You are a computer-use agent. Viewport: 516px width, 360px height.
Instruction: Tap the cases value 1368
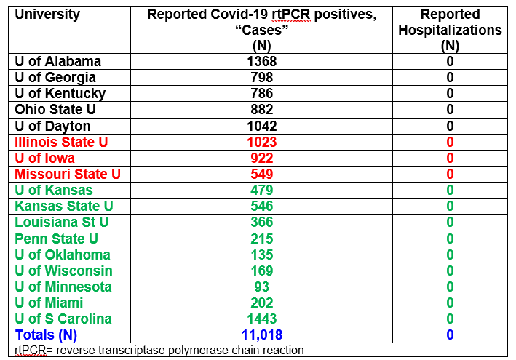[x=262, y=62]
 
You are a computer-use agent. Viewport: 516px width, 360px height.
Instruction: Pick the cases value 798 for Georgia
[x=262, y=78]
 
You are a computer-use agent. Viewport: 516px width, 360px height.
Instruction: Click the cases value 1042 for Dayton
[x=262, y=126]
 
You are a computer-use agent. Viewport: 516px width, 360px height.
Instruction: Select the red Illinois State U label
[x=61, y=142]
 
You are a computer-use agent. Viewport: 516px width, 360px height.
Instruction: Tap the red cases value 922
[x=262, y=158]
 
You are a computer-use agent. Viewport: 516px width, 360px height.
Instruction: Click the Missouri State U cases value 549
[x=262, y=174]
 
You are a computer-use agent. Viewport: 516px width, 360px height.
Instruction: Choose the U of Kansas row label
[x=54, y=190]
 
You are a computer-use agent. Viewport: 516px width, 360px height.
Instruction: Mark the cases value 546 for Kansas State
[x=262, y=206]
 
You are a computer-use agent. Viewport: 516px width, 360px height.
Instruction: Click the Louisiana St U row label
[x=62, y=222]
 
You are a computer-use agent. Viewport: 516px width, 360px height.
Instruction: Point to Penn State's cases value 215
[x=262, y=239]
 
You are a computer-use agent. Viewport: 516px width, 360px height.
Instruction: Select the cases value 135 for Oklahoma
[x=262, y=255]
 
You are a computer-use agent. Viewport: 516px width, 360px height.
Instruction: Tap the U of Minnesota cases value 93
[x=262, y=287]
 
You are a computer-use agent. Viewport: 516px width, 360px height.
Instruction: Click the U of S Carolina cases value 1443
[x=262, y=319]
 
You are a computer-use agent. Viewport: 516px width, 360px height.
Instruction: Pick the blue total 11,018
[x=262, y=335]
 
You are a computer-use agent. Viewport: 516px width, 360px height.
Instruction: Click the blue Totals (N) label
[x=46, y=335]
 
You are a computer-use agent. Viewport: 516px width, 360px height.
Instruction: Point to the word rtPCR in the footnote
[x=29, y=350]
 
